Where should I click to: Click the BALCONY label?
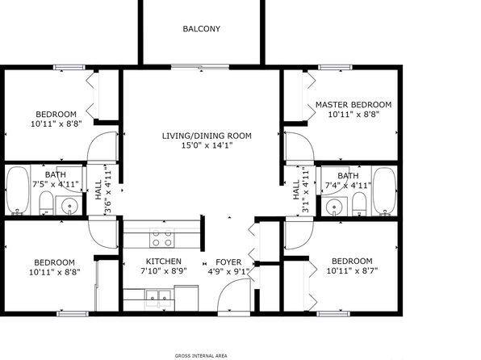(202, 29)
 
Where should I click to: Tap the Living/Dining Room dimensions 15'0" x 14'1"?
(207, 145)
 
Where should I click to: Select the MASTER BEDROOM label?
(353, 105)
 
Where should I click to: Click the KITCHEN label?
(164, 262)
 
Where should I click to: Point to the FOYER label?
(228, 262)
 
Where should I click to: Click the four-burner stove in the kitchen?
(162, 238)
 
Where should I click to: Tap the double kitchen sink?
(158, 296)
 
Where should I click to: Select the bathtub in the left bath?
(18, 190)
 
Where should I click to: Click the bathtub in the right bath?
(384, 190)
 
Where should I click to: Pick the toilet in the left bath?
(46, 203)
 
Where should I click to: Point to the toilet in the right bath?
(359, 203)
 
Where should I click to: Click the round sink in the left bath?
(69, 206)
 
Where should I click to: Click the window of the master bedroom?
(335, 67)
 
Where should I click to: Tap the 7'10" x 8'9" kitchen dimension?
(164, 271)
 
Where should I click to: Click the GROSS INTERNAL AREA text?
(201, 356)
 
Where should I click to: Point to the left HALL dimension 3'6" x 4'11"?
(108, 190)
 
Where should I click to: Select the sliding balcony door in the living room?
(200, 67)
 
